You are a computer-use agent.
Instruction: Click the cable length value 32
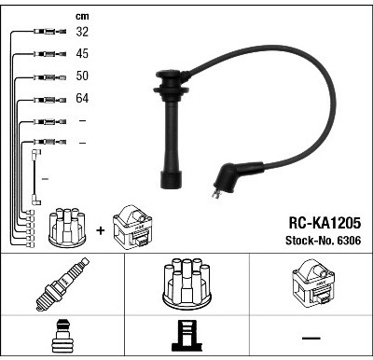[82, 32]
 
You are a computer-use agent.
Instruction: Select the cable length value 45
[82, 53]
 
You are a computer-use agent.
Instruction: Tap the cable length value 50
[82, 76]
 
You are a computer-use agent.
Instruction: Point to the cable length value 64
[82, 98]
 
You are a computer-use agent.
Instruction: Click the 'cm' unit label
[82, 16]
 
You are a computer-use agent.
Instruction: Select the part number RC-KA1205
[325, 223]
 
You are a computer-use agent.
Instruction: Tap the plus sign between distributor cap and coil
[101, 230]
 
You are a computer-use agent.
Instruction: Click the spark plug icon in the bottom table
[62, 284]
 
